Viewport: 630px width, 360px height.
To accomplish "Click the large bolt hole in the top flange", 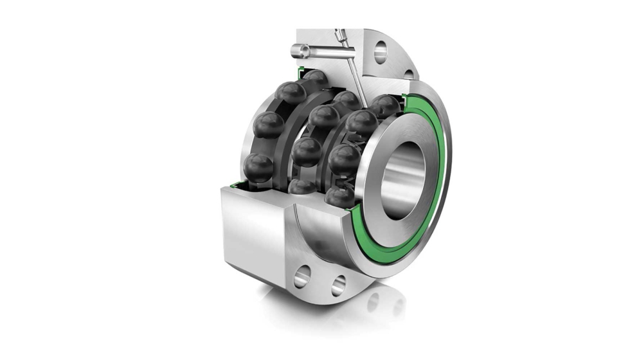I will pos(381,51).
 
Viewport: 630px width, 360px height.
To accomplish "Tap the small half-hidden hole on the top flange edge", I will pos(408,75).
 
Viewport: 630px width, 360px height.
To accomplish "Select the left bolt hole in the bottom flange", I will pos(301,278).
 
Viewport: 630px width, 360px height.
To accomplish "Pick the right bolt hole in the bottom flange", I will pos(338,284).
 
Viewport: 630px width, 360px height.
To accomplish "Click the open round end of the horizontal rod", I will pos(296,50).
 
